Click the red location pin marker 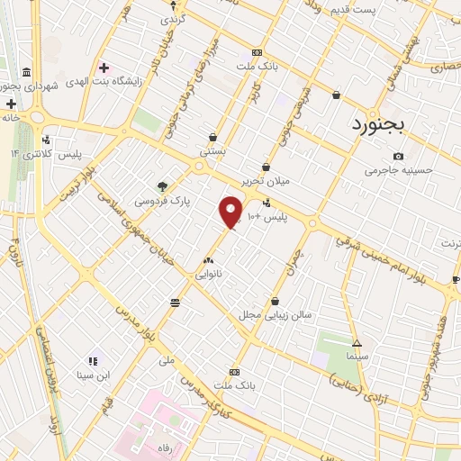231,211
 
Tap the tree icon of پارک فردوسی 162,186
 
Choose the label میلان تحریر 266,180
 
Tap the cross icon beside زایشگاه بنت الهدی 104,68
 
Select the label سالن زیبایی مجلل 274,315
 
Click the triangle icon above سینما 357,343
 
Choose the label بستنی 212,153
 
